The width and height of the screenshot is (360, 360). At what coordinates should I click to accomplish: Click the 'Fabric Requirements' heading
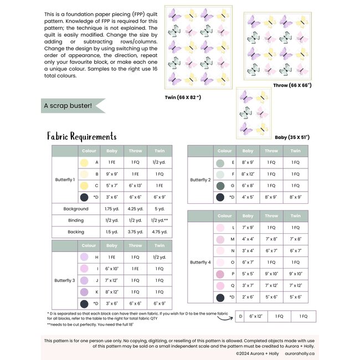point(82,136)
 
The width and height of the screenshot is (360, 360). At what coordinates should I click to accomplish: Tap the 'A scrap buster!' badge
point(66,104)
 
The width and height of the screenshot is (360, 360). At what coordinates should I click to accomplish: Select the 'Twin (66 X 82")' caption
point(183,97)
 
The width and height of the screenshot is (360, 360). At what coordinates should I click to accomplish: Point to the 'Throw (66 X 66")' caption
point(292,86)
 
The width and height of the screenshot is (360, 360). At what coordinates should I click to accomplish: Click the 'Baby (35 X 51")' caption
point(292,136)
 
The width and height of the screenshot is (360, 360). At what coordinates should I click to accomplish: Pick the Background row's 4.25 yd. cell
point(135,209)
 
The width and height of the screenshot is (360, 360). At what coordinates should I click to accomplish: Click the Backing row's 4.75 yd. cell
point(160,232)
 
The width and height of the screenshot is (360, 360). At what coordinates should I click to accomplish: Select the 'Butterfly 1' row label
point(65,179)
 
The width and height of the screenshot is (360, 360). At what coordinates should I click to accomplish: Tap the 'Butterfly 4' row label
point(200,262)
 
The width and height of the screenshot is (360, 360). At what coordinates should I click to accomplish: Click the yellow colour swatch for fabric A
point(84,162)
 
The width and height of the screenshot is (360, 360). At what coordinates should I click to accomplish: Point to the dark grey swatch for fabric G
point(220,186)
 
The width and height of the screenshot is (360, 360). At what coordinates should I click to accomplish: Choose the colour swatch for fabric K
point(84,292)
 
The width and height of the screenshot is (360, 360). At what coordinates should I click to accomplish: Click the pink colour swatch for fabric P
point(220,274)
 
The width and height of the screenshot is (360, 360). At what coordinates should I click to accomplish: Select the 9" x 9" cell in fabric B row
point(111,174)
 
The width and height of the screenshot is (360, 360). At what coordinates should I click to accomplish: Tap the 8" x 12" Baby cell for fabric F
point(248,174)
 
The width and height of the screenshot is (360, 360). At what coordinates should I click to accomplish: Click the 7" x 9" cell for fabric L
point(248,228)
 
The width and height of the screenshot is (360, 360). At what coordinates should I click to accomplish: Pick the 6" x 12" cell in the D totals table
point(255,316)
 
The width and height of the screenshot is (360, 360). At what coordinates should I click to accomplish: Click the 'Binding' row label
point(76,220)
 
